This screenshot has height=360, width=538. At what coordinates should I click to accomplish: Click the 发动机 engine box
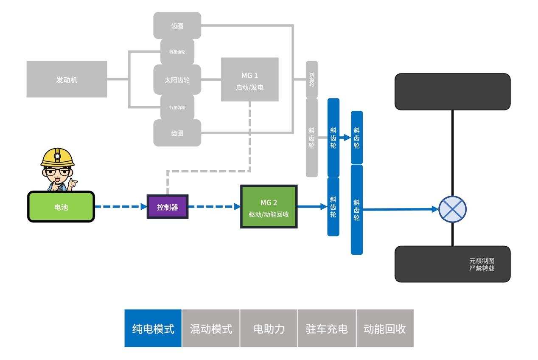[67, 79]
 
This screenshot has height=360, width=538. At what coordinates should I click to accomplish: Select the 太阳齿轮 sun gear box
[177, 79]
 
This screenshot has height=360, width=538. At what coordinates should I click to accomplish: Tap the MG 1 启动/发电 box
[249, 80]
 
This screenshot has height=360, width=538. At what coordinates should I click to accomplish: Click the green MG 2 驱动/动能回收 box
[269, 207]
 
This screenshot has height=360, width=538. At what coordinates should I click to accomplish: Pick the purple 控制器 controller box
[167, 207]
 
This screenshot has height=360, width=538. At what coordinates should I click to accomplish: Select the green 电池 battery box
[61, 207]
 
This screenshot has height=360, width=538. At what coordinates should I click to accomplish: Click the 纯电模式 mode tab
[153, 328]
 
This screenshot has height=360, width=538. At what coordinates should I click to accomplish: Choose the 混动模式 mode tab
[211, 328]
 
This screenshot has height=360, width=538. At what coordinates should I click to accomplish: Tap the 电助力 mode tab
[269, 328]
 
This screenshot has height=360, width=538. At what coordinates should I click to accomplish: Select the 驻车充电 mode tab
[327, 328]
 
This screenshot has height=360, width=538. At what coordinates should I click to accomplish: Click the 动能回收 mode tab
[385, 328]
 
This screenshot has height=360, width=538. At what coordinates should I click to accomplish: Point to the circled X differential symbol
[452, 209]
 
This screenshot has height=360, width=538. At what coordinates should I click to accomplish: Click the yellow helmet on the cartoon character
[57, 157]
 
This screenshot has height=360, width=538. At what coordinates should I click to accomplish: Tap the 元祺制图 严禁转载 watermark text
[482, 264]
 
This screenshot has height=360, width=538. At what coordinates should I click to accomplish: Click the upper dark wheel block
[452, 92]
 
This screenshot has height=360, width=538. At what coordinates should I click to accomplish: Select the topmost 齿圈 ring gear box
[177, 25]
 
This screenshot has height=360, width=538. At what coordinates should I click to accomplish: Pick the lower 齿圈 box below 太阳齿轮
[177, 133]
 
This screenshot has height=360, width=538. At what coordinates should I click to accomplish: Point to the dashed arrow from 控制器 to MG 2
[214, 207]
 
